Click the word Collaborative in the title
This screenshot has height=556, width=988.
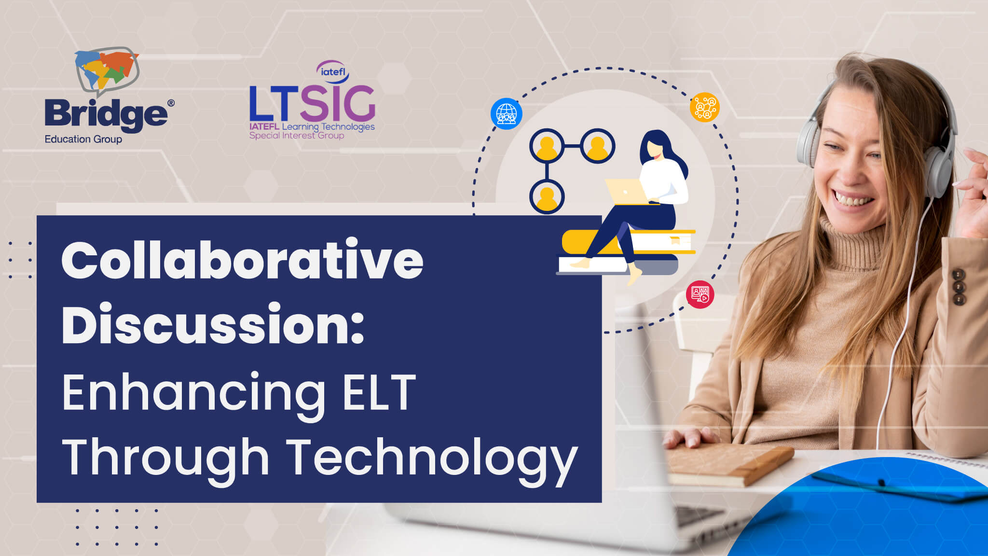point(242,259)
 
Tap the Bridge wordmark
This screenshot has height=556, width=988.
point(107,115)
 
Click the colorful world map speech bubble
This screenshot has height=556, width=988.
point(107,70)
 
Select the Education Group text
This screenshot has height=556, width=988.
point(83,139)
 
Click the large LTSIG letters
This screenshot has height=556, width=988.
point(312,103)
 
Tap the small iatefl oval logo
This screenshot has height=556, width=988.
point(333,71)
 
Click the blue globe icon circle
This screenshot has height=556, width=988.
point(507,114)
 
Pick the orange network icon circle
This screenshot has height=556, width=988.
point(705,107)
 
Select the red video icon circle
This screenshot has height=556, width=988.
point(700,294)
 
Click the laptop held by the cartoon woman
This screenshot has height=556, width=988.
point(628,192)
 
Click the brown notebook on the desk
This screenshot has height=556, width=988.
point(728,462)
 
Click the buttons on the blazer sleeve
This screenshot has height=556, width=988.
point(959,287)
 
